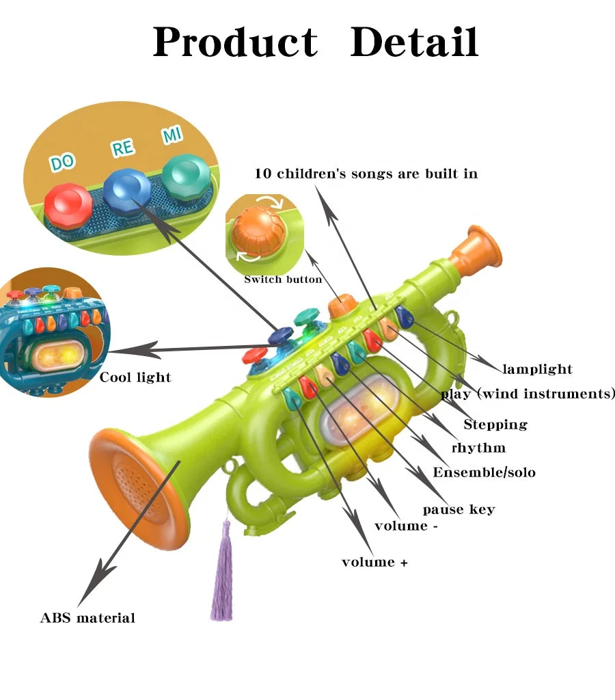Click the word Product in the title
[234, 42]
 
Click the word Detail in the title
[413, 42]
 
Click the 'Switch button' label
[283, 280]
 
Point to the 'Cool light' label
[135, 377]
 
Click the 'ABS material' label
[87, 618]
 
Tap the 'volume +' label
[374, 563]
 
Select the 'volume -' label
[406, 526]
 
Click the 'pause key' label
[459, 509]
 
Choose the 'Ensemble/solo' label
[484, 472]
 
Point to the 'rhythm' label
[478, 448]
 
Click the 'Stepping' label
[495, 425]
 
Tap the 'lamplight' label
[537, 370]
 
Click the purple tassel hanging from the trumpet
[222, 574]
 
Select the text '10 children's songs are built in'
[366, 174]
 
